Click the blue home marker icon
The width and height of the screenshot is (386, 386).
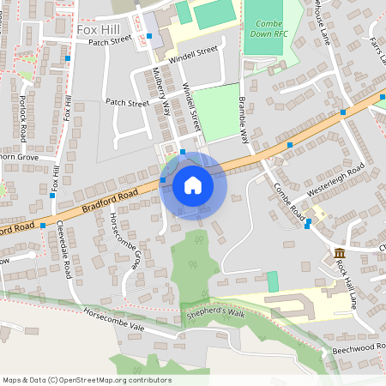pos(192,185)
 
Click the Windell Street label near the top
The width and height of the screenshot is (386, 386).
pos(194,52)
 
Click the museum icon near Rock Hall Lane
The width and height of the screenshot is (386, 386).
pos(340,253)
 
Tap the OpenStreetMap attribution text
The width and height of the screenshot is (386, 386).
pos(86,380)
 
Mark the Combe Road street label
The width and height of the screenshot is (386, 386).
pos(290,199)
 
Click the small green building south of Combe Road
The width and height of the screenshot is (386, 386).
pos(273,280)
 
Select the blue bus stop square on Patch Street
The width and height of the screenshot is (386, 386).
pos(148,36)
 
